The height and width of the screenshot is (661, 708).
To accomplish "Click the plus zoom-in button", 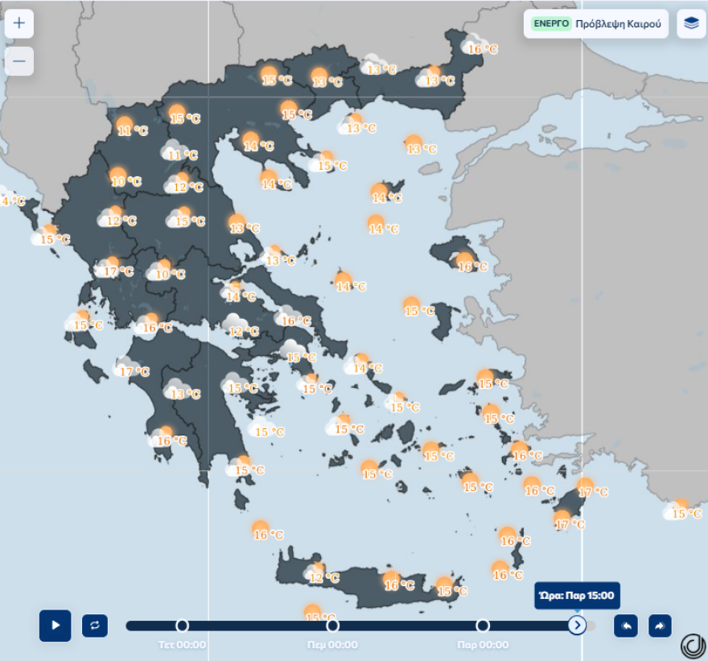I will (x=19, y=23).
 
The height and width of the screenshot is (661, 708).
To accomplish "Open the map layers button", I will (x=691, y=23).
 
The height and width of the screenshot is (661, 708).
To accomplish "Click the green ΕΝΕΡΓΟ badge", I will (x=552, y=23).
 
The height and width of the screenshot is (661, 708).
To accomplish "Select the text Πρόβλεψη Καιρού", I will (x=618, y=23).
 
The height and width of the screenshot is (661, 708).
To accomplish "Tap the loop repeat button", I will (x=94, y=626).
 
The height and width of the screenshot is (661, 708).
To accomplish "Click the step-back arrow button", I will (x=626, y=626).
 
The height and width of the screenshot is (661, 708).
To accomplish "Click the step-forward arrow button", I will (x=660, y=626).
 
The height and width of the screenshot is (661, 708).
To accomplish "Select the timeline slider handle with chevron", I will (x=577, y=626).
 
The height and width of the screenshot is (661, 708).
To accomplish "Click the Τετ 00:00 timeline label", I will (x=182, y=644).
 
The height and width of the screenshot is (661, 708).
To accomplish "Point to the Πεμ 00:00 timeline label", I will (x=332, y=644).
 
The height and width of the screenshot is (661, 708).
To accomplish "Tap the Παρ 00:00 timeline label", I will (x=483, y=644).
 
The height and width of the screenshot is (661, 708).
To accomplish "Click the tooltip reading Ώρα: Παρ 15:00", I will (x=577, y=597).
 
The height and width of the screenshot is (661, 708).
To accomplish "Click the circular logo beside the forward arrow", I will (x=692, y=646).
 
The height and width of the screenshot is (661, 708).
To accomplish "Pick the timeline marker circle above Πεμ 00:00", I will (x=332, y=626).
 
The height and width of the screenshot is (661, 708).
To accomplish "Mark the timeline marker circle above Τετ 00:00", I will (x=182, y=626).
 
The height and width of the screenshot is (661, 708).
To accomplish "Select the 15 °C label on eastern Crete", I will (x=452, y=591).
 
